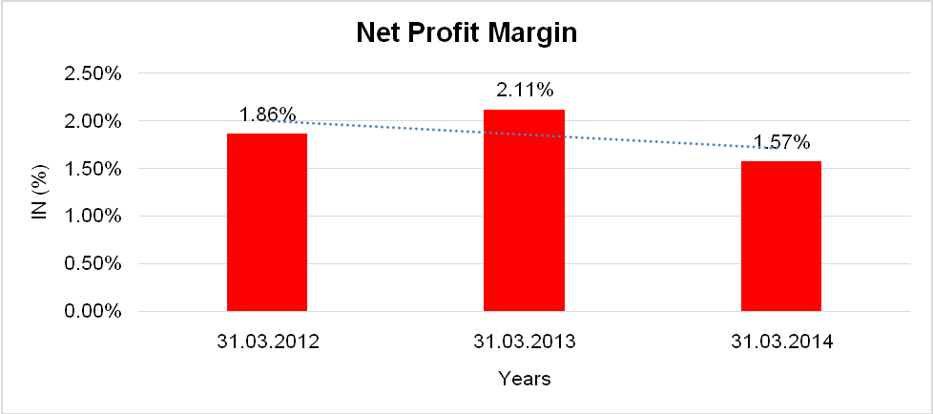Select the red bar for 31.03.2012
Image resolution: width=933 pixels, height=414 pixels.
[266, 222]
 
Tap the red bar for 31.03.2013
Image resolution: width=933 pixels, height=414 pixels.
[524, 210]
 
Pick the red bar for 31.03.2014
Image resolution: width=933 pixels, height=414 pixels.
[781, 236]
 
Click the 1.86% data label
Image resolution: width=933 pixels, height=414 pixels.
[267, 114]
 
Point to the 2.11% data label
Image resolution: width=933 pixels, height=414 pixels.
[524, 91]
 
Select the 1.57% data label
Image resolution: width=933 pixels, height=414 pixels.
[781, 143]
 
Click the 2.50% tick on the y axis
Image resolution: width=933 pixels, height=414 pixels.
[93, 74]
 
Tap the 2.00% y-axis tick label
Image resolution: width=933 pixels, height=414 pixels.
[93, 122]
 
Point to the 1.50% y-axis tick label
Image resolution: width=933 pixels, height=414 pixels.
[93, 169]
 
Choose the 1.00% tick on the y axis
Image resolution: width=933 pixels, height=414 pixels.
[93, 217]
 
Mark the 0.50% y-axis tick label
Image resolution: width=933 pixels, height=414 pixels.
[93, 264]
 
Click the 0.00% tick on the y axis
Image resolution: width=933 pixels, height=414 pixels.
[93, 312]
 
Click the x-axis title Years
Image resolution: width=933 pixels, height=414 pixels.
[524, 379]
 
